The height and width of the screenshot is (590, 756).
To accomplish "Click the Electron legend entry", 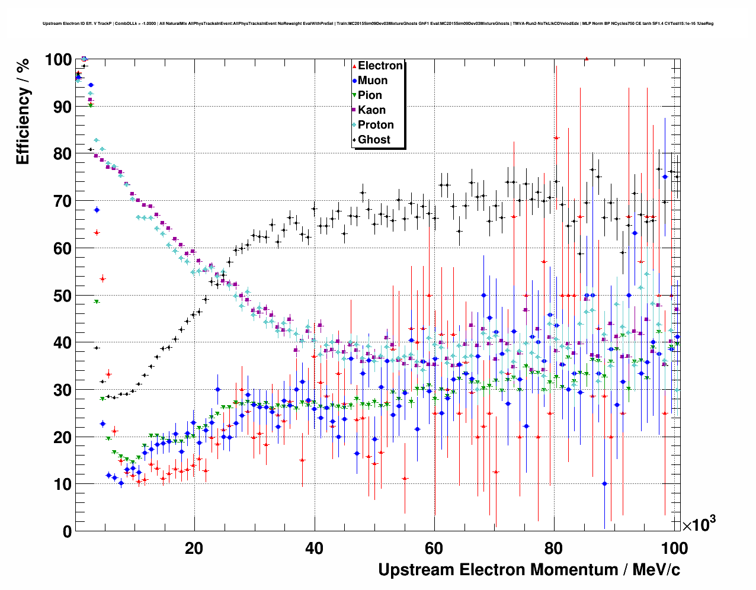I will pos(380,66).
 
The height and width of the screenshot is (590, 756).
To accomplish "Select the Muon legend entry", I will pos(372,81).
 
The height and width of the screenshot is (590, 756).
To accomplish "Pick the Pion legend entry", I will pos(370,95).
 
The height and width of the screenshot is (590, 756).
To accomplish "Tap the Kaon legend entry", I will pos(371,110).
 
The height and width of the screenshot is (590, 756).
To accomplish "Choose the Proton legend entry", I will pos(376,125).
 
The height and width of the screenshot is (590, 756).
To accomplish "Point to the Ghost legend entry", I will pos(374,140).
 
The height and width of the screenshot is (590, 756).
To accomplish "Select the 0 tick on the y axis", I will pos(67,532).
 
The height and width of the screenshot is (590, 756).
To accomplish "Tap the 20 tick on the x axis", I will pos(194,548).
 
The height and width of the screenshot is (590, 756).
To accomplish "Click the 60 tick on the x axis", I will pos(434,548).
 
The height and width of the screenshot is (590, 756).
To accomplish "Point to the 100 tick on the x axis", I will pos(674,548).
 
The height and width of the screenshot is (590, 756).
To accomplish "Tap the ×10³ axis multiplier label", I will pos(699,524).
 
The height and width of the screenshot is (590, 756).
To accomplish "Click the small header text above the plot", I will pos(378,24).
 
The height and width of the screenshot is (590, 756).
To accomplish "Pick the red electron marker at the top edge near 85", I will pos(586,59).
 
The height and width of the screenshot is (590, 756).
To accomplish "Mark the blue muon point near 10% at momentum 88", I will pos(604,483).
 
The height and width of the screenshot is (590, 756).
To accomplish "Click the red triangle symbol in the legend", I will pos(354,66).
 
